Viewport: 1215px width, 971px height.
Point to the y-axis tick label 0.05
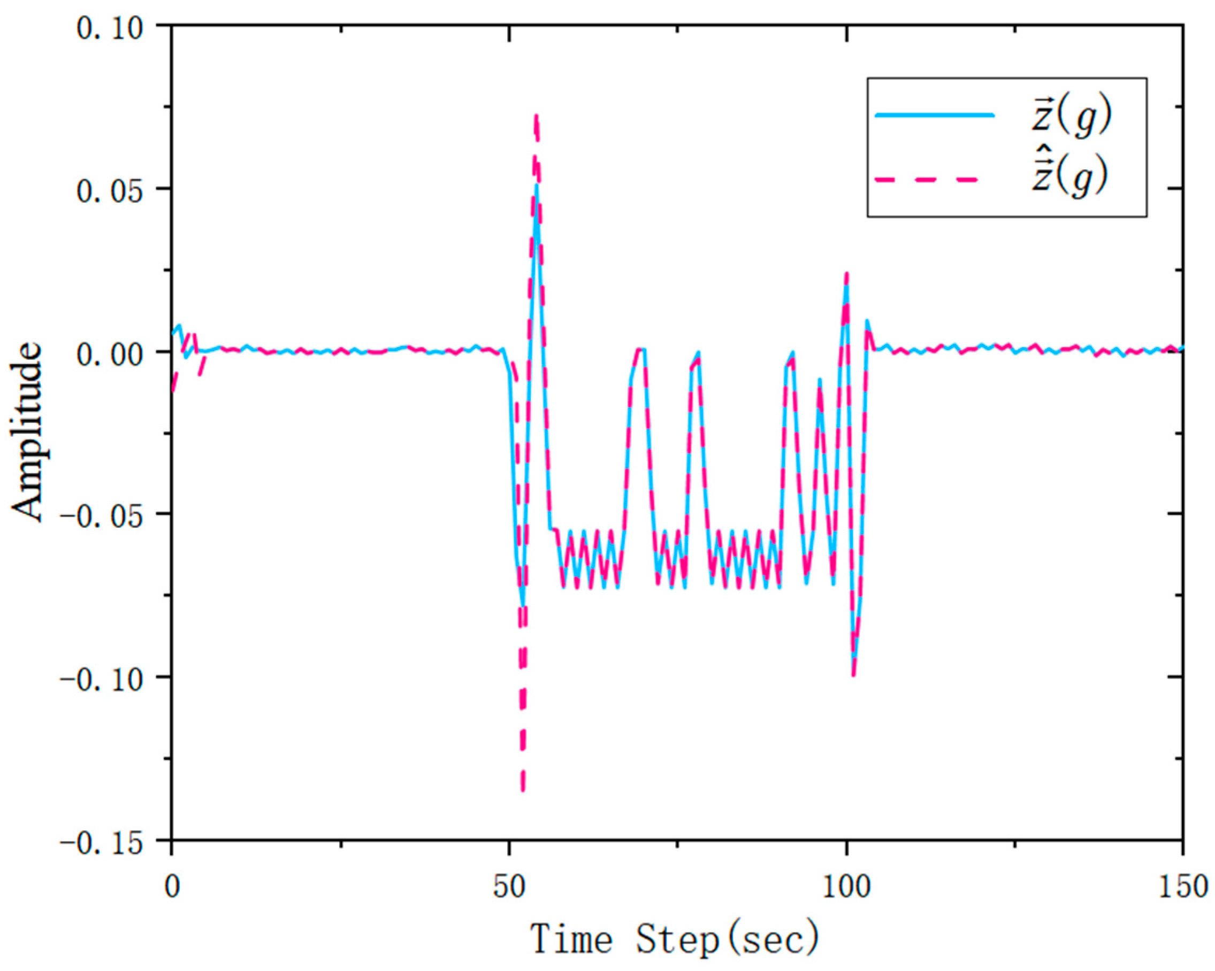click(110, 190)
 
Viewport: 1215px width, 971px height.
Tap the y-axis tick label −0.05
click(102, 515)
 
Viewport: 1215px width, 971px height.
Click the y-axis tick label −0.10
click(102, 678)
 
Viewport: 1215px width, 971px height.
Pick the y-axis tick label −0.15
click(102, 842)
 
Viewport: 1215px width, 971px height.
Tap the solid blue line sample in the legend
click(934, 115)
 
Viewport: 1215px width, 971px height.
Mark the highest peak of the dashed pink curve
click(536, 115)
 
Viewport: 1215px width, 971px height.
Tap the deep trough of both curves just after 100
click(854, 675)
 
